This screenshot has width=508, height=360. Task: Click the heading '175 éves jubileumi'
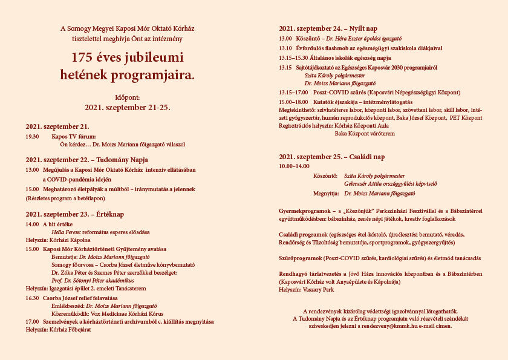pyautogui.click(x=127, y=57)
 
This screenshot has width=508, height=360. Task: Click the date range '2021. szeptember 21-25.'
pyautogui.click(x=127, y=107)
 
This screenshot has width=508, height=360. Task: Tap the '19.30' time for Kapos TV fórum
pyautogui.click(x=32, y=137)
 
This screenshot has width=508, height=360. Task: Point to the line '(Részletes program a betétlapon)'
pyautogui.click(x=65, y=198)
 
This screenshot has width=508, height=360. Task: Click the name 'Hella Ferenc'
pyautogui.click(x=66, y=232)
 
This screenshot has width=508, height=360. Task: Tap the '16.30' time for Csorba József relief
pyautogui.click(x=32, y=298)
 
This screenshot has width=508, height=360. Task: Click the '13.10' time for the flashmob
pyautogui.click(x=285, y=48)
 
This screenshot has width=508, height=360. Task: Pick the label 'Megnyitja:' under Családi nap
pyautogui.click(x=325, y=192)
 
